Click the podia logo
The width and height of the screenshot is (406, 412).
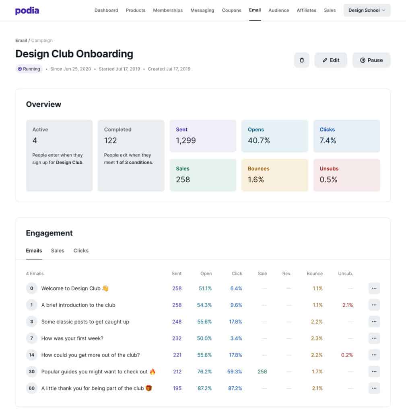pyautogui.click(x=27, y=10)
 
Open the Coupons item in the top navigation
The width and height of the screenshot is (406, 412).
pyautogui.click(x=231, y=10)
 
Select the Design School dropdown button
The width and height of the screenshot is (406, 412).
pyautogui.click(x=367, y=10)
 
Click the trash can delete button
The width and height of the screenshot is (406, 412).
pyautogui.click(x=302, y=60)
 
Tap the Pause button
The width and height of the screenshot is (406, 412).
pyautogui.click(x=371, y=60)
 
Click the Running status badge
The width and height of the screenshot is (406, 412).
pyautogui.click(x=29, y=69)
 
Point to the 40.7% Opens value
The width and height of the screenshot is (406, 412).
pyautogui.click(x=259, y=140)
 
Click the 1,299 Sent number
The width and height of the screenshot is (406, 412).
pyautogui.click(x=186, y=140)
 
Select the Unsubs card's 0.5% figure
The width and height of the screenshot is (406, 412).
pyautogui.click(x=328, y=179)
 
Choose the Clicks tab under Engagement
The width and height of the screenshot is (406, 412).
pyautogui.click(x=81, y=251)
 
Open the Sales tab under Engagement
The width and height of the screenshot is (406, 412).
pyautogui.click(x=58, y=251)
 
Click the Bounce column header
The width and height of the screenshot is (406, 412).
pyautogui.click(x=314, y=274)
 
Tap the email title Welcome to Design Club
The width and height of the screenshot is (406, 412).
pyautogui.click(x=71, y=288)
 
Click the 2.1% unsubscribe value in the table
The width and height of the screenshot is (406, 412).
pyautogui.click(x=347, y=305)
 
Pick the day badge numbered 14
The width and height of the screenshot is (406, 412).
pyautogui.click(x=32, y=355)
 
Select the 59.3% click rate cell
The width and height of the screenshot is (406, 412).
pyautogui.click(x=235, y=372)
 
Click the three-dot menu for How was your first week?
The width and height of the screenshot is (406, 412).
pyautogui.click(x=374, y=338)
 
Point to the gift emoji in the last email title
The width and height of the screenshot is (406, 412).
pyautogui.click(x=149, y=388)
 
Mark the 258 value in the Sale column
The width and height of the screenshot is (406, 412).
pyautogui.click(x=262, y=372)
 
